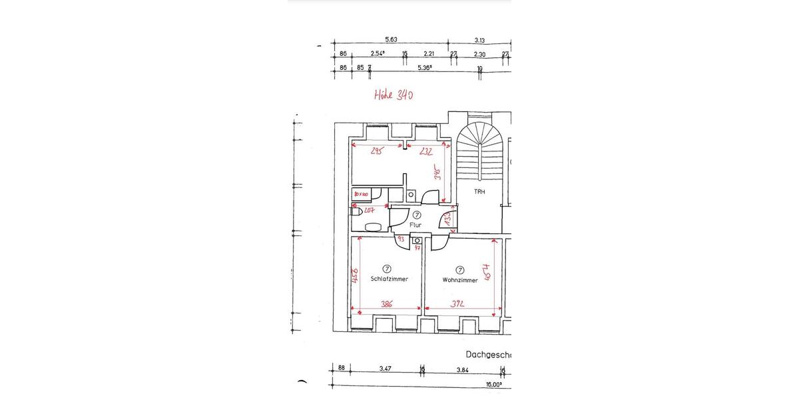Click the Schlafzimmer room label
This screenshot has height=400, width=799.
tap(389, 279)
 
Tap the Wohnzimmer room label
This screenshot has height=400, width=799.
tap(459, 280)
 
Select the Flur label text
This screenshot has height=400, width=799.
tap(415, 225)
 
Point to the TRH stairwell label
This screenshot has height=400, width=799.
tap(479, 192)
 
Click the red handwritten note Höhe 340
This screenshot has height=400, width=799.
tap(394, 95)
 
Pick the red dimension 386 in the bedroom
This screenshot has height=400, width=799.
tap(386, 304)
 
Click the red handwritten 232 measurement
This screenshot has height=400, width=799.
tap(427, 151)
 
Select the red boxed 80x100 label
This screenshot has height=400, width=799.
tap(361, 194)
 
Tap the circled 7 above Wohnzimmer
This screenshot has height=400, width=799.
tap(459, 269)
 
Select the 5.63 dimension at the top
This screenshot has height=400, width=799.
tap(391, 39)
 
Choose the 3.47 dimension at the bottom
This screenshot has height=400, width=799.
tap(385, 368)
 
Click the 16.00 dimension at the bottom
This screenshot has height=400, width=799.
tap(493, 385)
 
